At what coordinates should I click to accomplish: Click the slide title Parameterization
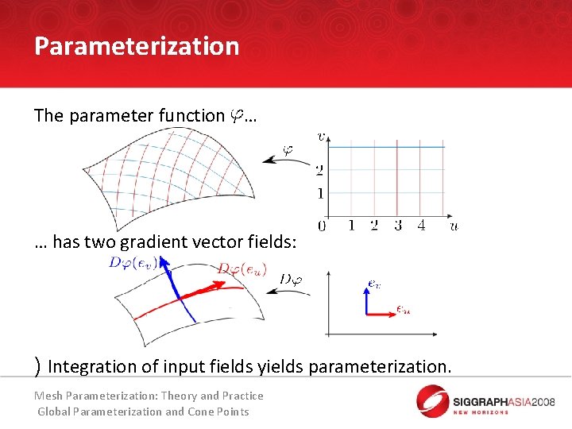(x=137, y=46)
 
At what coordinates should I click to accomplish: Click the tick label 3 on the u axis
(x=398, y=226)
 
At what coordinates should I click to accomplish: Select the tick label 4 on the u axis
(x=421, y=226)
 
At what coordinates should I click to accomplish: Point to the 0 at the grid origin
(x=322, y=226)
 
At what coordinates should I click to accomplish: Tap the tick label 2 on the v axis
(x=319, y=170)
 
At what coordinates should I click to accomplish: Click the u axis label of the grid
(x=454, y=226)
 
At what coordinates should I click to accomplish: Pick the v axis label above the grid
(x=321, y=136)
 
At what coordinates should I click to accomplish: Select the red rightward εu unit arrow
(x=381, y=314)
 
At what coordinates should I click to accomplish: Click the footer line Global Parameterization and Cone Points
(x=143, y=412)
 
